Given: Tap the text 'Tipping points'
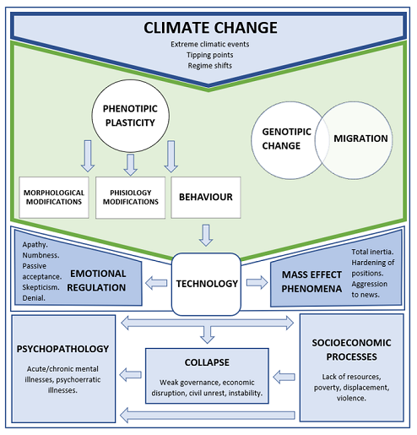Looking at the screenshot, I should pos(208,54).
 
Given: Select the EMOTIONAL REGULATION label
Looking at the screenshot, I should pos(97,280).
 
